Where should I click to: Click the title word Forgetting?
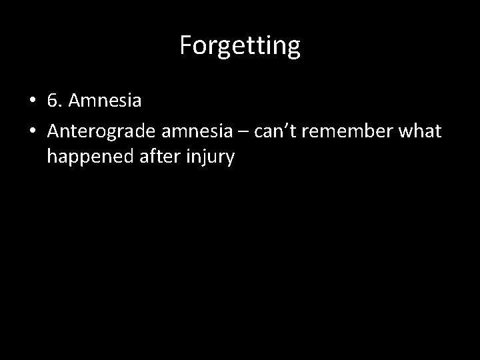[240, 46]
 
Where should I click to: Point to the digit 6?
[53, 102]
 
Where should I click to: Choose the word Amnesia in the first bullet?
[104, 102]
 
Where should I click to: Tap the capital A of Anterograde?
[53, 131]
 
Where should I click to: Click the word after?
[154, 157]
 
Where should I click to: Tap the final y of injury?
[229, 161]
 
